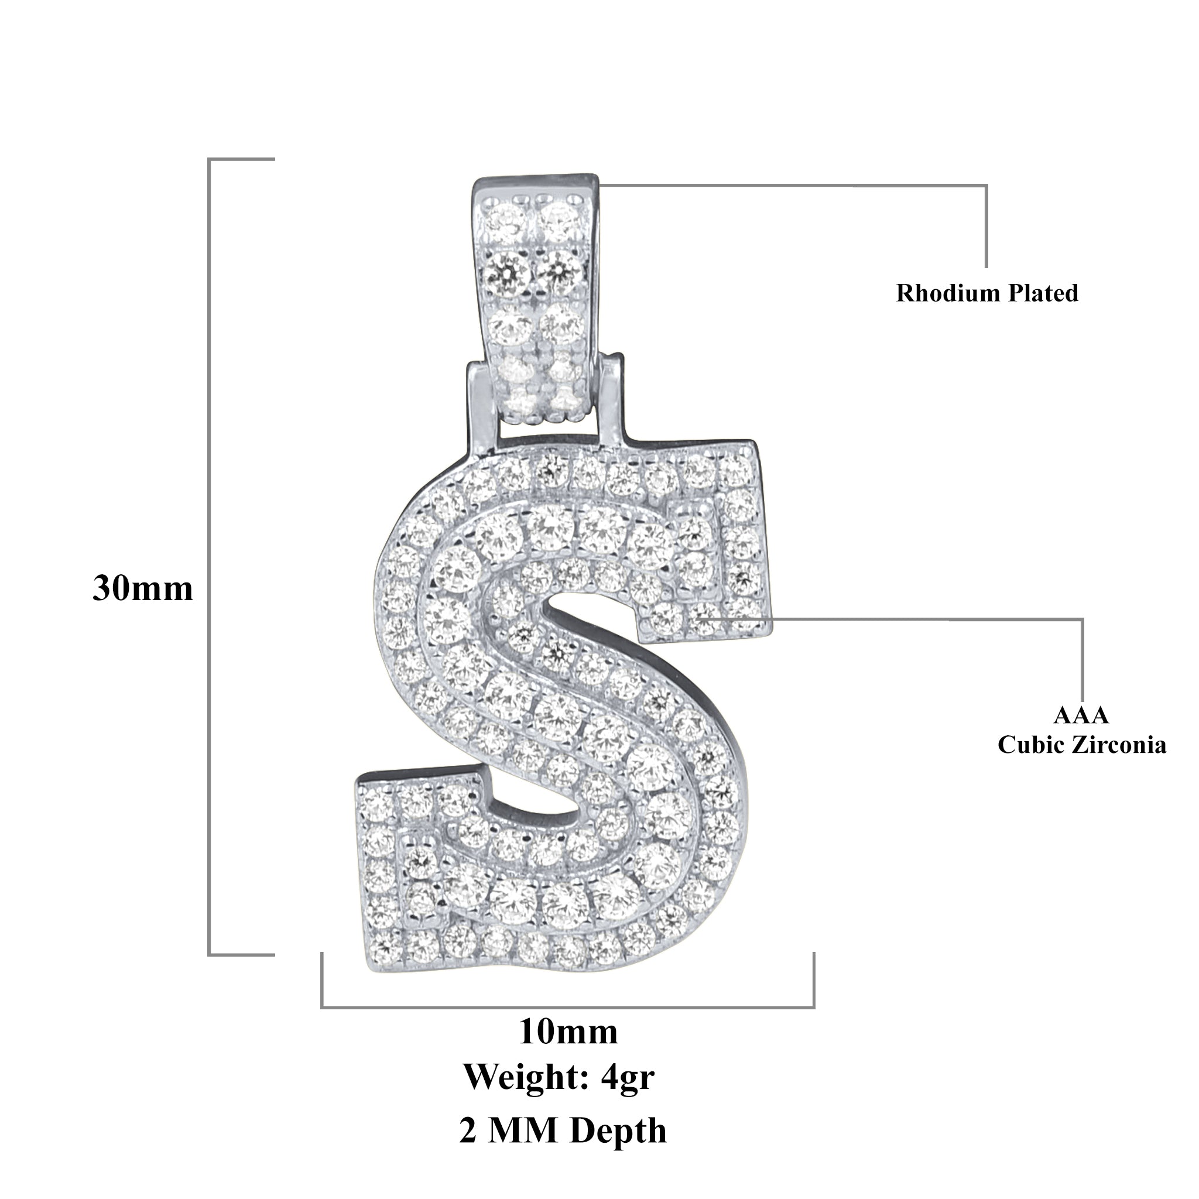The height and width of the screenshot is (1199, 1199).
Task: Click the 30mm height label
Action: [x=143, y=588]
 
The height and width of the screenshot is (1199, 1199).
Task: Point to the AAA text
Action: [x=1081, y=715]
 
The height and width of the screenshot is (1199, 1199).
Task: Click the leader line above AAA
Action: [x=1083, y=658]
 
